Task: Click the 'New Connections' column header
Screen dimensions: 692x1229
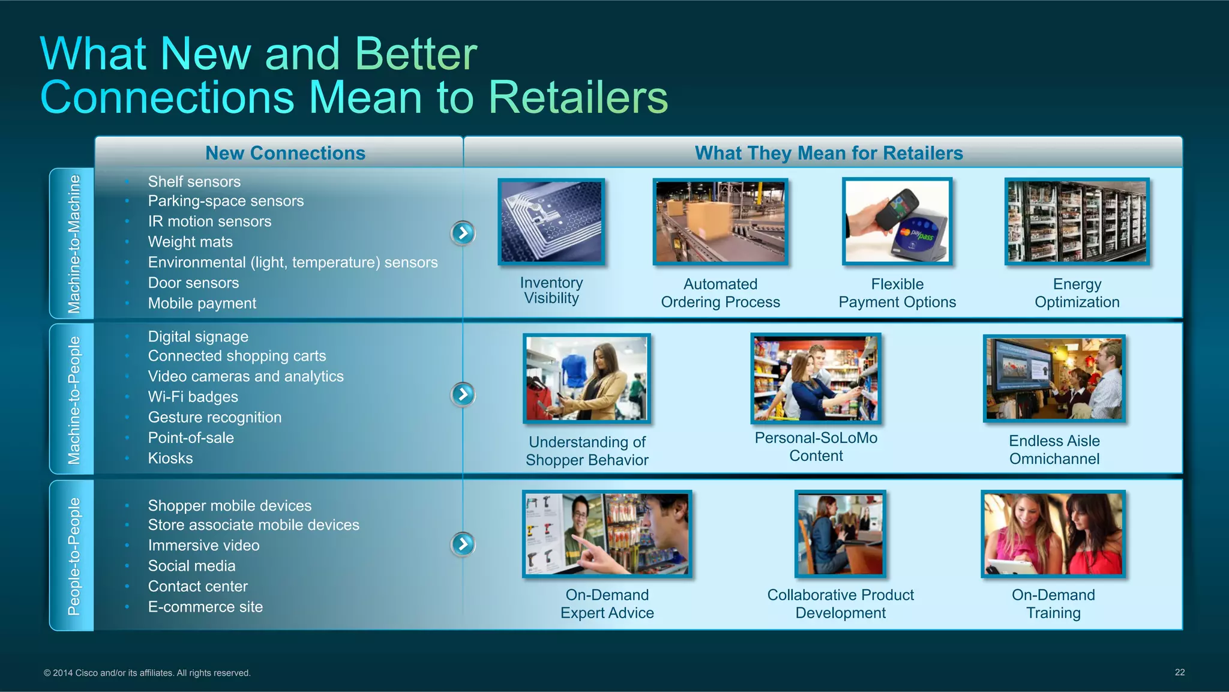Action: (285, 153)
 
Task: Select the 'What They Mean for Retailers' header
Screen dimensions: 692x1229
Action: (829, 153)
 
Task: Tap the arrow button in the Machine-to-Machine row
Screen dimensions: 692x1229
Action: (463, 233)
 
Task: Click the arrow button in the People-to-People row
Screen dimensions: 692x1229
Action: (463, 544)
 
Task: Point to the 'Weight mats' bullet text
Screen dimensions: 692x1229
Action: (190, 242)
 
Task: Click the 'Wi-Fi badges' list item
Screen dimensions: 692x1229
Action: (193, 397)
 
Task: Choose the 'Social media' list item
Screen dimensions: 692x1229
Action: (191, 566)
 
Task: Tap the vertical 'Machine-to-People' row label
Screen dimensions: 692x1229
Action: (73, 400)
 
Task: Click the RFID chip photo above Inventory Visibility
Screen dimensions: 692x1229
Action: (551, 222)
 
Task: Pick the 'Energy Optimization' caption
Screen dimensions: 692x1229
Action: (1077, 293)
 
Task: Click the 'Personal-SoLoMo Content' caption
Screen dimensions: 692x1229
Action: (816, 447)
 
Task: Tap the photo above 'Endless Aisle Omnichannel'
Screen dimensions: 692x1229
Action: (1054, 379)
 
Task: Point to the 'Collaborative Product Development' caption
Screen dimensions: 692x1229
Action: (840, 604)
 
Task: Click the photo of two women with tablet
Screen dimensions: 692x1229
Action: (1053, 534)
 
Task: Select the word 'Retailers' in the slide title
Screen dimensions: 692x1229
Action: (578, 97)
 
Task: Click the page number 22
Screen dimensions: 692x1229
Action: (1179, 672)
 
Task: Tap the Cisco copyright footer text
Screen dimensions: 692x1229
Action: (147, 673)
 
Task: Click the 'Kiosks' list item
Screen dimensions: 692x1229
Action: (170, 459)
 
